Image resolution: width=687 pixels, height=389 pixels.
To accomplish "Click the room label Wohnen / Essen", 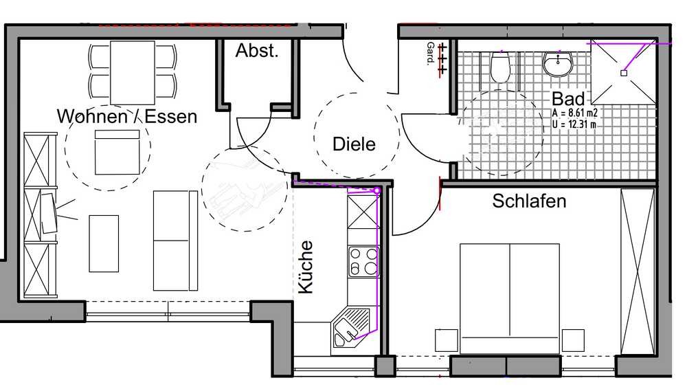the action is pyautogui.click(x=127, y=117).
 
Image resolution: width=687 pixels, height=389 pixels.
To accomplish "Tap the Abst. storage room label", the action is pyautogui.click(x=257, y=50).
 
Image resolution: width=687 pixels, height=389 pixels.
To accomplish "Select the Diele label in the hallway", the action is pyautogui.click(x=354, y=144).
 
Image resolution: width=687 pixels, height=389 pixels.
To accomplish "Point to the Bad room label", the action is pyautogui.click(x=568, y=99).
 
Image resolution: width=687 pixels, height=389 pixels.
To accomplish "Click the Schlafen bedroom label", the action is pyautogui.click(x=529, y=201).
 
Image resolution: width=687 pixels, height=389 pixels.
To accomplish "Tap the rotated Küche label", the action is pyautogui.click(x=306, y=267).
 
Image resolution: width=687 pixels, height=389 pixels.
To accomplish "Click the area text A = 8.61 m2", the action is pyautogui.click(x=575, y=113).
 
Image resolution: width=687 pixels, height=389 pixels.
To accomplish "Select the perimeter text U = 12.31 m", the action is pyautogui.click(x=574, y=124).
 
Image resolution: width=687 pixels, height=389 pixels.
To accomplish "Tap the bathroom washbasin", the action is pyautogui.click(x=558, y=64).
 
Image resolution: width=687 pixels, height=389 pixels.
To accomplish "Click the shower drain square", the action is pyautogui.click(x=624, y=74).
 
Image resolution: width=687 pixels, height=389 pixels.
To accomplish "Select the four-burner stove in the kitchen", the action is pyautogui.click(x=363, y=262).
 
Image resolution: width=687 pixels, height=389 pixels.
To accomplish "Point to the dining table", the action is pyautogui.click(x=133, y=72).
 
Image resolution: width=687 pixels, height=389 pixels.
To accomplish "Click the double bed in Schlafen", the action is pyautogui.click(x=510, y=298).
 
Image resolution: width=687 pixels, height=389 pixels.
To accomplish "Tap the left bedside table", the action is pyautogui.click(x=447, y=340).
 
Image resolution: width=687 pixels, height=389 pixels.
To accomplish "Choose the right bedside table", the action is pyautogui.click(x=573, y=340).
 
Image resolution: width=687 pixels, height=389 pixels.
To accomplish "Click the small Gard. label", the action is pyautogui.click(x=431, y=54).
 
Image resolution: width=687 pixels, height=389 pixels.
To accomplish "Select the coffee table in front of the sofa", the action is pyautogui.click(x=104, y=243).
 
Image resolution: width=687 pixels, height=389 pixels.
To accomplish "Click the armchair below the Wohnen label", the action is pyautogui.click(x=117, y=152).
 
